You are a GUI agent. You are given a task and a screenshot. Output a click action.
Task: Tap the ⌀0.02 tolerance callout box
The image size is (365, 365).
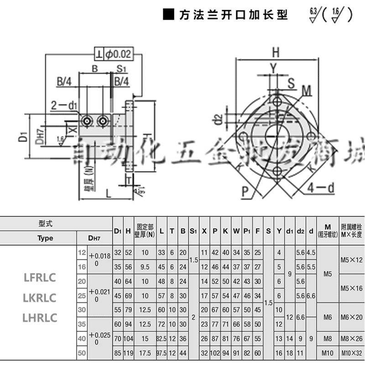(114, 54)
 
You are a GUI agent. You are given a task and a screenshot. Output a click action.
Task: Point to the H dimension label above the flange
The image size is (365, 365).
(275, 52)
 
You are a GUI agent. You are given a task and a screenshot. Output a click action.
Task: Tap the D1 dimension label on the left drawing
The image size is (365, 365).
(24, 136)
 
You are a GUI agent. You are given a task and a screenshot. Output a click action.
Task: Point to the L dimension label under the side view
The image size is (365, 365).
(108, 193)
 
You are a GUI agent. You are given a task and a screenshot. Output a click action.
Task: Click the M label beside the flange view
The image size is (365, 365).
(306, 90)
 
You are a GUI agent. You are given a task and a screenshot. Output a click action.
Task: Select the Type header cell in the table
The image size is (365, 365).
(45, 238)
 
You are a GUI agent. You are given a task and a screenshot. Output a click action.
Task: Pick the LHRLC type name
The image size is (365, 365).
(40, 318)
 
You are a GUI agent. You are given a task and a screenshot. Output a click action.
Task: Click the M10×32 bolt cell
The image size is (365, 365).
(351, 353)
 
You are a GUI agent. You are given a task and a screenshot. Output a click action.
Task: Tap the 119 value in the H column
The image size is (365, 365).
(129, 353)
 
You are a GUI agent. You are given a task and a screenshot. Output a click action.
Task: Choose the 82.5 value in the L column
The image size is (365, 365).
(162, 338)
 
